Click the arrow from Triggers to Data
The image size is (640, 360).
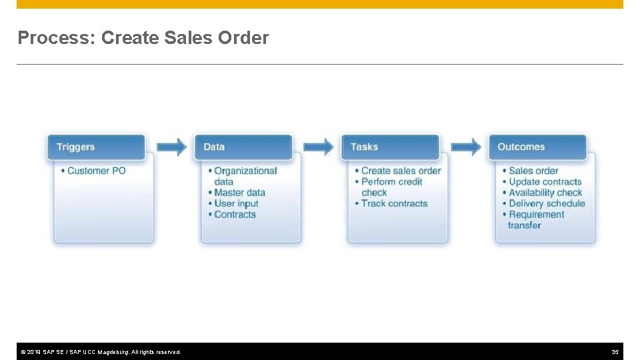point(172,147)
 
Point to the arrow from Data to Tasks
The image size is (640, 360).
point(319,147)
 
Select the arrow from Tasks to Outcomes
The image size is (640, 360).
point(466,147)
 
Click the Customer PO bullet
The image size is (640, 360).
point(97,171)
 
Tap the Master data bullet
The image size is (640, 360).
point(239,193)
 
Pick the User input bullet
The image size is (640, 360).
point(236,203)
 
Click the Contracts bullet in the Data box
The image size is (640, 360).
point(235,215)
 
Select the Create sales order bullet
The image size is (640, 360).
point(401,171)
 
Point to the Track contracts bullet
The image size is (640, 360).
point(394,203)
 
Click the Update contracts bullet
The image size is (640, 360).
point(545,181)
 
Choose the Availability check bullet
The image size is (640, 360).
point(545,193)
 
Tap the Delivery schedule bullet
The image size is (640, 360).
point(547,203)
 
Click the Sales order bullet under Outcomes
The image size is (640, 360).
point(533,171)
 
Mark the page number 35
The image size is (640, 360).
point(615,351)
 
